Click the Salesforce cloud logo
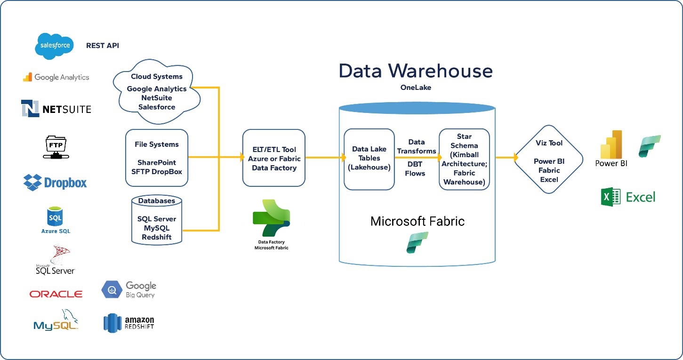tap(55, 46)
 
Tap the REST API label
tap(102, 46)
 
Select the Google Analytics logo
tap(56, 77)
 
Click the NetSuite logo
tap(56, 109)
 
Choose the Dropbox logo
tap(55, 182)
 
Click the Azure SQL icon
tap(56, 220)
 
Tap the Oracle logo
tap(56, 294)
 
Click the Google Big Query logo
tap(129, 289)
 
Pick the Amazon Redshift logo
tap(129, 323)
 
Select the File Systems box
tap(157, 158)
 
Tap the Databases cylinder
tap(157, 219)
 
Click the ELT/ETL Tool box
tap(273, 158)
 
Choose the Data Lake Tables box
tap(369, 159)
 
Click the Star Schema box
tap(464, 159)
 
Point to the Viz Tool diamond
tap(549, 159)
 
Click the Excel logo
tap(628, 197)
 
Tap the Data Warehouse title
tap(416, 71)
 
